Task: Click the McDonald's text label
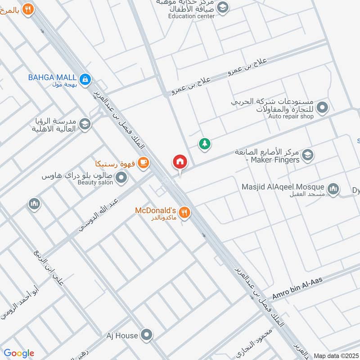(155, 210)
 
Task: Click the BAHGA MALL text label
(52, 77)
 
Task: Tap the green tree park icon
(205, 144)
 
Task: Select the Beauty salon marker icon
(121, 179)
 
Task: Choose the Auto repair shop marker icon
(322, 108)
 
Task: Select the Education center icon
(222, 7)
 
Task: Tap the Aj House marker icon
(146, 335)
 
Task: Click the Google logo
(19, 353)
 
